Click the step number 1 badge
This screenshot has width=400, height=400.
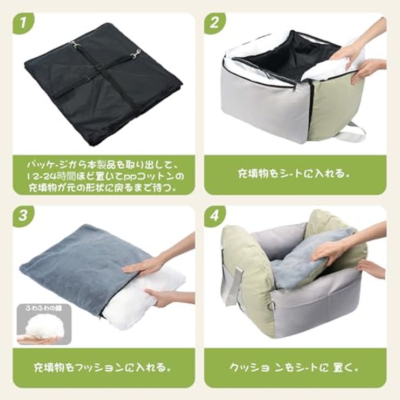(23, 23)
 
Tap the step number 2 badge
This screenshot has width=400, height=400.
(215, 23)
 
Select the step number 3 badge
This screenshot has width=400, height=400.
(23, 216)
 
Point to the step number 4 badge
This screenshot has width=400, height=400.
(215, 216)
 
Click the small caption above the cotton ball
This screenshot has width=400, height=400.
(44, 309)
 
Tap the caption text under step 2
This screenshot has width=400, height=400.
(294, 174)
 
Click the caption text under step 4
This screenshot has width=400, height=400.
(294, 368)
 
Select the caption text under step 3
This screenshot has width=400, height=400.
(102, 368)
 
